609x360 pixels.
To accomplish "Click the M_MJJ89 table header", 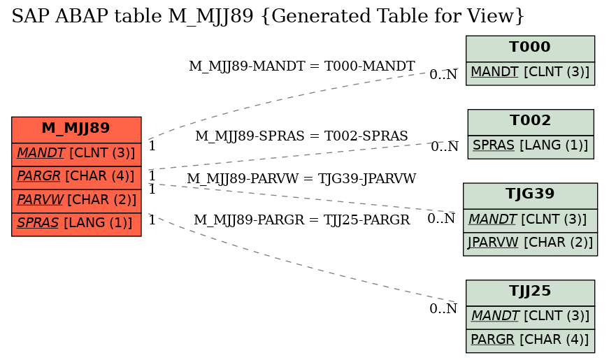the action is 76,130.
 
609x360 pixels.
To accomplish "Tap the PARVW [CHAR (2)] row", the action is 76,201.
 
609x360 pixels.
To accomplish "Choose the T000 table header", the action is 530,48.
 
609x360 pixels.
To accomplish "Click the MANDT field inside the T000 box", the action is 530,73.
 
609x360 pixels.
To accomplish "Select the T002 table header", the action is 531,122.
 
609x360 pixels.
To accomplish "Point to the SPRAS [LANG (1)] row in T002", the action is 531,147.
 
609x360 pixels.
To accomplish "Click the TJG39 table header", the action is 530,196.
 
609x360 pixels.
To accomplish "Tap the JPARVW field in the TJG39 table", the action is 530,244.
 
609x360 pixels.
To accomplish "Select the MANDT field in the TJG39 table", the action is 530,221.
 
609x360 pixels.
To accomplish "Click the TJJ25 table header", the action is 530,292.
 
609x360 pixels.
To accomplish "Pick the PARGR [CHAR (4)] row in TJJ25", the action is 530,340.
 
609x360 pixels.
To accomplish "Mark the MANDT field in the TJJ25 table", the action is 530,317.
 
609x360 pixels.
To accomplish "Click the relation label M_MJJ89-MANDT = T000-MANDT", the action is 302,66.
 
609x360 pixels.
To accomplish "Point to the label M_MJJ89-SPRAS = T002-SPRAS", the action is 301,136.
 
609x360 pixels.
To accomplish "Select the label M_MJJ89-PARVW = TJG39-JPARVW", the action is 301,179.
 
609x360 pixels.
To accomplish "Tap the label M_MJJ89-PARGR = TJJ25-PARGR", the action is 302,219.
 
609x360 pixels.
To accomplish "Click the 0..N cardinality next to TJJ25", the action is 443,309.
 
